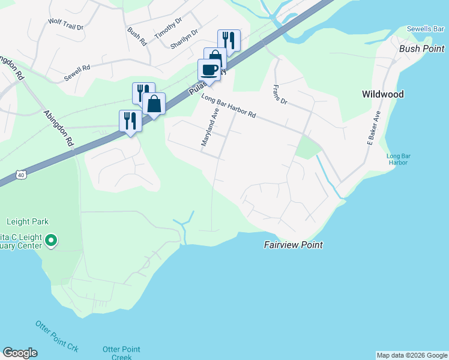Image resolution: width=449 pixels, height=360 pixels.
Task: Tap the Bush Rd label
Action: point(137,37)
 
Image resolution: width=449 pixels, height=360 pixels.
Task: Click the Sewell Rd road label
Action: point(77,73)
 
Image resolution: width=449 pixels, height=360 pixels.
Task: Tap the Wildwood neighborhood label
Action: point(382,94)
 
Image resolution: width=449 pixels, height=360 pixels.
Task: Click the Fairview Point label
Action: point(294,245)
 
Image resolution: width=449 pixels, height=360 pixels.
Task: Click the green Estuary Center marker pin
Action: point(51,241)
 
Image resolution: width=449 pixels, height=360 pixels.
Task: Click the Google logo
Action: point(20,353)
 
